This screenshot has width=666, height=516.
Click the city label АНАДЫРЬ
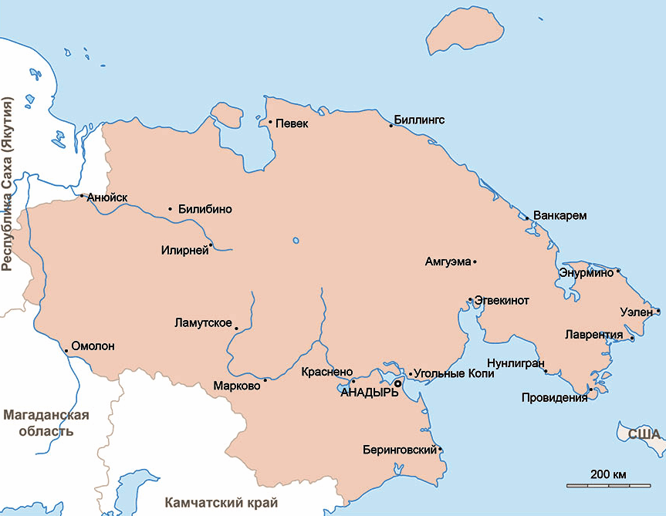pyautogui.click(x=370, y=393)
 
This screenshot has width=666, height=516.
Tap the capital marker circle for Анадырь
pyautogui.click(x=398, y=383)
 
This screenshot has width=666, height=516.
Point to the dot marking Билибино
pyautogui.click(x=171, y=209)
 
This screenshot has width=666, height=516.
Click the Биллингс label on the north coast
pyautogui.click(x=419, y=120)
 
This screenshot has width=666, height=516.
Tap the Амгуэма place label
pyautogui.click(x=448, y=262)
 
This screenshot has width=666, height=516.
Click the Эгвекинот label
pyautogui.click(x=502, y=301)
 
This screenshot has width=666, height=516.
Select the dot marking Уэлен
pyautogui.click(x=658, y=312)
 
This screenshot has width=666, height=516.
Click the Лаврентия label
pyautogui.click(x=594, y=336)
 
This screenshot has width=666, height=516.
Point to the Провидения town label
pyautogui.click(x=554, y=398)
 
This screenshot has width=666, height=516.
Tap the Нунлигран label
pyautogui.click(x=516, y=363)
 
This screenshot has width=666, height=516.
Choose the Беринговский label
pyautogui.click(x=400, y=450)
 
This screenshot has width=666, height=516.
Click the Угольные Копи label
pyautogui.click(x=454, y=373)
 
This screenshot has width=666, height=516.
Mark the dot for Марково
pyautogui.click(x=265, y=379)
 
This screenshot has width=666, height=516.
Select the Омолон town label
pyautogui.click(x=93, y=346)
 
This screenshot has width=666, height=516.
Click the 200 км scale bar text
pyautogui.click(x=608, y=473)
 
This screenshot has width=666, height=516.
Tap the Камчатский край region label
pyautogui.click(x=221, y=502)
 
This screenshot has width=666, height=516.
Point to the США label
pyautogui.click(x=644, y=434)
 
